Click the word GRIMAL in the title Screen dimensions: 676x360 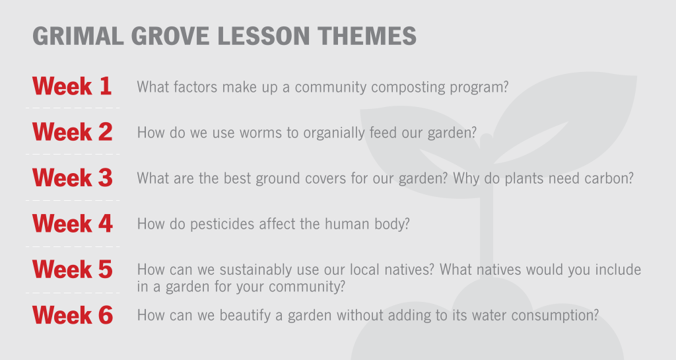point(78,36)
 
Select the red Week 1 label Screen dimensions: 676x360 point(72,86)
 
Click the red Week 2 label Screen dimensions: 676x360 point(73,131)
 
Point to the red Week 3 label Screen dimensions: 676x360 point(73,177)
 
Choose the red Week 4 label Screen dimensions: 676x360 point(73,223)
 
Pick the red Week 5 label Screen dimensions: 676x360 point(73,269)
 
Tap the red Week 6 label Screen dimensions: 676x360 point(73,314)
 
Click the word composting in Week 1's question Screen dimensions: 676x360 point(408,87)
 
